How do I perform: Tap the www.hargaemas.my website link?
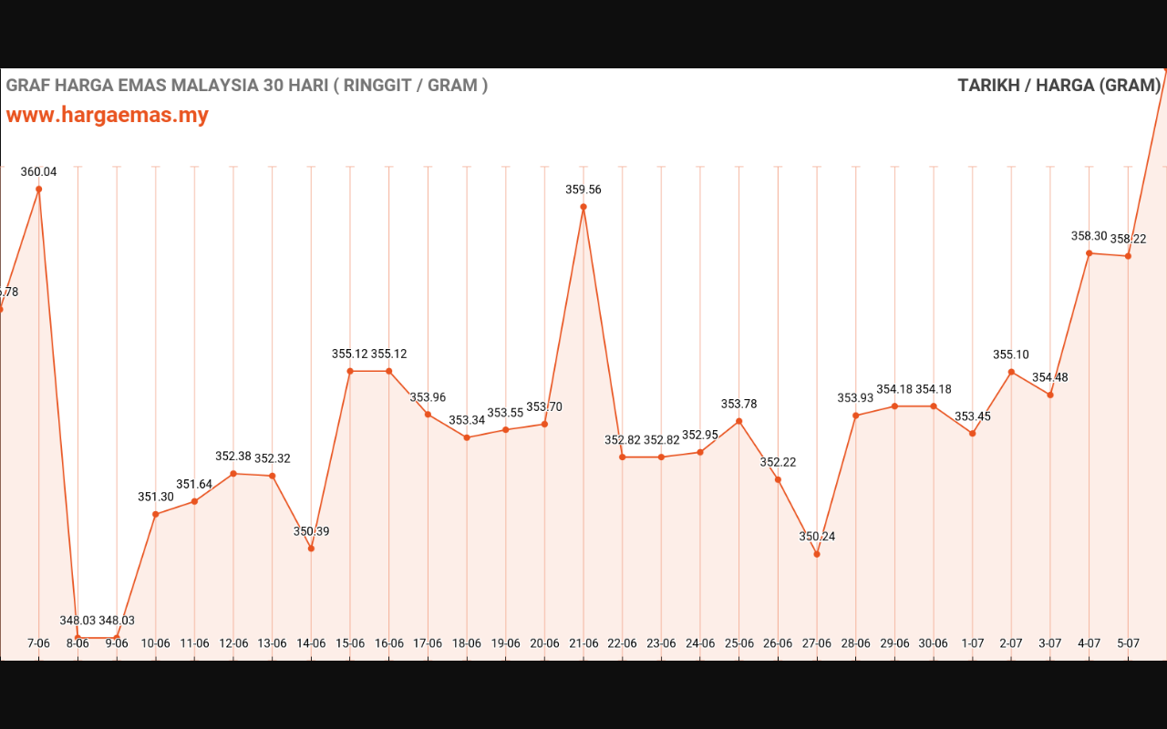108,115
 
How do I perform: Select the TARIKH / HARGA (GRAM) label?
1059,86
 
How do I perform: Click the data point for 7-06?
39,190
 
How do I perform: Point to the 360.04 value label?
39,171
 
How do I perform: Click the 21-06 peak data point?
583,207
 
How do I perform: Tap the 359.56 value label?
583,190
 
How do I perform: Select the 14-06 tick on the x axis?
311,643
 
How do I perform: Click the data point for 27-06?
817,554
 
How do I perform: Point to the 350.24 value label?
817,537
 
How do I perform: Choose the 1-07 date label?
973,643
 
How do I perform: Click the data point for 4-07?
1090,253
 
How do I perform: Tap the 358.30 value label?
1090,236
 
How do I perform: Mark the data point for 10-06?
156,515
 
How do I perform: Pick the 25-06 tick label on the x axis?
738,643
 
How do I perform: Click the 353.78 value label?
738,404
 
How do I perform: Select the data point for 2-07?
1011,372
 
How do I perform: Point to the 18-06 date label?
467,643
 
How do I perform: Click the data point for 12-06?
233,474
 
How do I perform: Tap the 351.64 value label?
194,484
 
